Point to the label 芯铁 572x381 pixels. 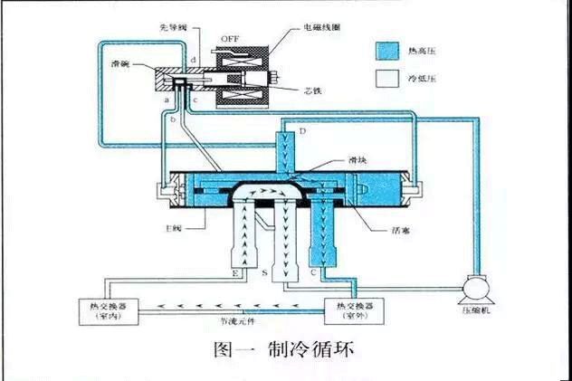click(x=314, y=91)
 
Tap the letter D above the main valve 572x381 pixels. click(x=303, y=133)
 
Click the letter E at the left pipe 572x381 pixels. click(x=235, y=272)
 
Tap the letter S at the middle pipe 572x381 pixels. click(x=263, y=272)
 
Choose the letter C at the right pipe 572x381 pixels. click(x=314, y=272)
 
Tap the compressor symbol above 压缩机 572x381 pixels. click(x=475, y=287)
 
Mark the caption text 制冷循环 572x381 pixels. click(x=308, y=351)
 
